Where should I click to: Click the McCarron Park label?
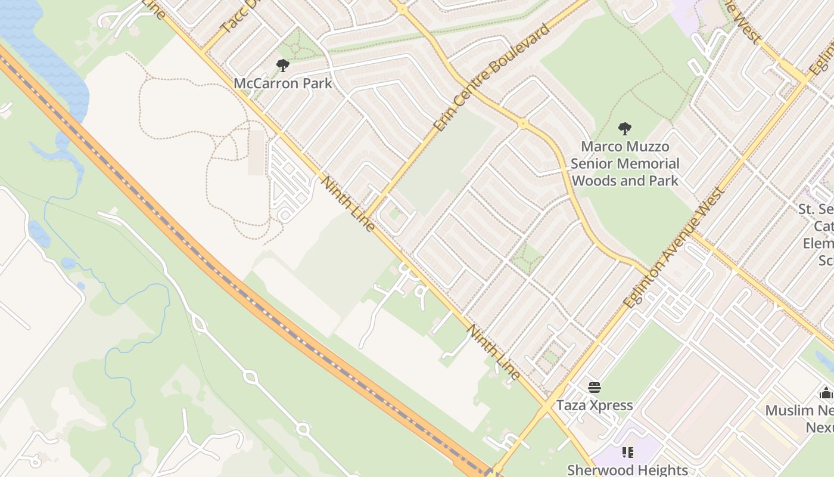tap(283, 83)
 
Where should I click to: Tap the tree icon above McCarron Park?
tap(283, 65)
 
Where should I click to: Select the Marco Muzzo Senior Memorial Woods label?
tap(625, 163)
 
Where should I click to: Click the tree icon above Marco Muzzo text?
tap(625, 128)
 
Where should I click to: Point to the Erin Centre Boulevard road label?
tap(491, 78)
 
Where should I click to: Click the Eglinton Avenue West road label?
tap(674, 247)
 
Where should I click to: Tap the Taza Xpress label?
tap(595, 405)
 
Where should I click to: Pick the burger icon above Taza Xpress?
tap(595, 388)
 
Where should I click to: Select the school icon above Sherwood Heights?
tap(627, 453)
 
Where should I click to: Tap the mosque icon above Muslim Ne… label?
tap(826, 393)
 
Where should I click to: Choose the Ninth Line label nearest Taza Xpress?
tap(494, 352)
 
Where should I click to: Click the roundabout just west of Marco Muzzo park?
tap(523, 124)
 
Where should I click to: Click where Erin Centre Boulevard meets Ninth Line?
tap(365, 217)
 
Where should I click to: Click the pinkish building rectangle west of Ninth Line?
tap(256, 153)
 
